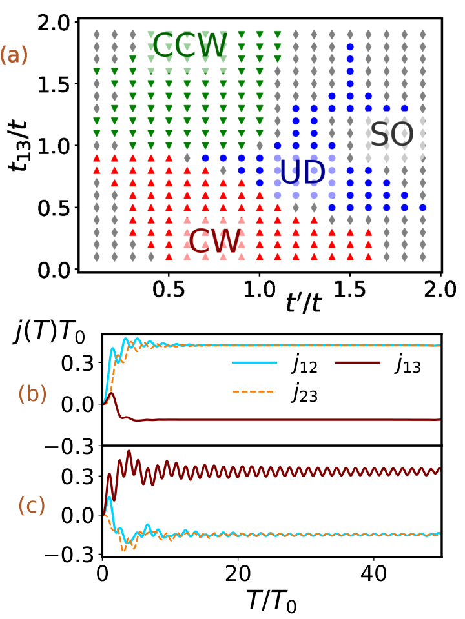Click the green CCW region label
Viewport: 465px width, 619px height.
(190, 45)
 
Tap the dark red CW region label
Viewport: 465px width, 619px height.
(215, 241)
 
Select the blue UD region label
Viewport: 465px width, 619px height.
(302, 172)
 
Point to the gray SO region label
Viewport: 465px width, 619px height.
(392, 134)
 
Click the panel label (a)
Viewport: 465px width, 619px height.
(14, 55)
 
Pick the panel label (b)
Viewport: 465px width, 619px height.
(32, 394)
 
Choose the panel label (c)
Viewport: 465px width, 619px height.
(32, 506)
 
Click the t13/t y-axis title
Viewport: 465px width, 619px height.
(18, 145)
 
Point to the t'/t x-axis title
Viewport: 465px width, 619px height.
(304, 303)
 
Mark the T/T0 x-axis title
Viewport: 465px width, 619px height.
(271, 602)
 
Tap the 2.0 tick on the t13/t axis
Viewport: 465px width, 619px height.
(55, 23)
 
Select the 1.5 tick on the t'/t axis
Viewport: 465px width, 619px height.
(350, 290)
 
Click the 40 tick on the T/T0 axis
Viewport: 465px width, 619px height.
(374, 574)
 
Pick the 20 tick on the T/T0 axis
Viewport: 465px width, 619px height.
(238, 574)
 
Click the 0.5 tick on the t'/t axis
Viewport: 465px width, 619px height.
(169, 290)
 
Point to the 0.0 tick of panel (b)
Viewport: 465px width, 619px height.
(77, 405)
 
